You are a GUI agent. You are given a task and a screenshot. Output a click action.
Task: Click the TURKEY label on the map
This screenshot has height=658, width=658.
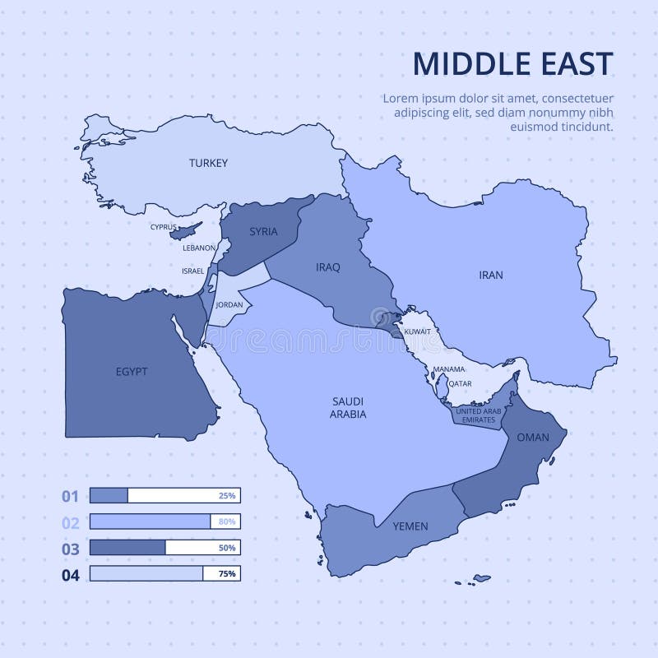pos(208,163)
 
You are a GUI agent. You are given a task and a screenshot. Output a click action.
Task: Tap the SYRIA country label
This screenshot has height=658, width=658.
pos(262,231)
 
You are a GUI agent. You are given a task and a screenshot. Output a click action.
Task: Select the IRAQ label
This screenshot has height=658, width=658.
pos(328,266)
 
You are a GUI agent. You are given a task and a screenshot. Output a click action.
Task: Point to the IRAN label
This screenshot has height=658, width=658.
pos(491,275)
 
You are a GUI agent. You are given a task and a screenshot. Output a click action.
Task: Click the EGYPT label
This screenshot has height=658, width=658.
pos(132,371)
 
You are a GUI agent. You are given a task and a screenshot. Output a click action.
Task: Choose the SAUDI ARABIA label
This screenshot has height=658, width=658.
pos(349,407)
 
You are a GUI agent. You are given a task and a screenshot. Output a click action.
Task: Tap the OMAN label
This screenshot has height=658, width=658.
pos(532,437)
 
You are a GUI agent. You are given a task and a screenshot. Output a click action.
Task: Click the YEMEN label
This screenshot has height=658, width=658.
pos(410,526)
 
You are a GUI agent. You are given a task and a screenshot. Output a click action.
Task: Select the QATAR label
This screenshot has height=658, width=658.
pos(460,383)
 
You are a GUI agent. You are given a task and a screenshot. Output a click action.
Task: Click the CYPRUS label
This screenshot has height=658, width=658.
pos(163,227)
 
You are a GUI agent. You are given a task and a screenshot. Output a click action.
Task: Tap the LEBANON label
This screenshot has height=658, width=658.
pos(198,247)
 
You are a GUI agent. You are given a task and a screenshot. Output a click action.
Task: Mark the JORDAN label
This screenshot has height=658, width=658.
pos(229,304)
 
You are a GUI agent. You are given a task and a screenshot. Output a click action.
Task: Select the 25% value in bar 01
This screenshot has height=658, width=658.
pos(227,496)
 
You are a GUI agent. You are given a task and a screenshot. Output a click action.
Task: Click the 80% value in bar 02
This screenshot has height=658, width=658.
pos(227,521)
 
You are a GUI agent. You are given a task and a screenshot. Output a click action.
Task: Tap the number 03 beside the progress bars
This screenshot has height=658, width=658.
pos(71,549)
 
